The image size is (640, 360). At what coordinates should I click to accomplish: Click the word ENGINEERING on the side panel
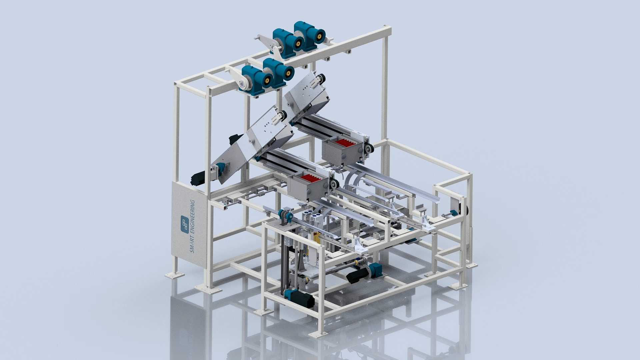pos(192,217)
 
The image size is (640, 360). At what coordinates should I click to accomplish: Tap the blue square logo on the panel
pos(185,224)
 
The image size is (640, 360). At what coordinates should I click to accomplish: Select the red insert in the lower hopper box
pos(310,178)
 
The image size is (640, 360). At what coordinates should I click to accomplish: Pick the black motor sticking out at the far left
pos(198,178)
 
